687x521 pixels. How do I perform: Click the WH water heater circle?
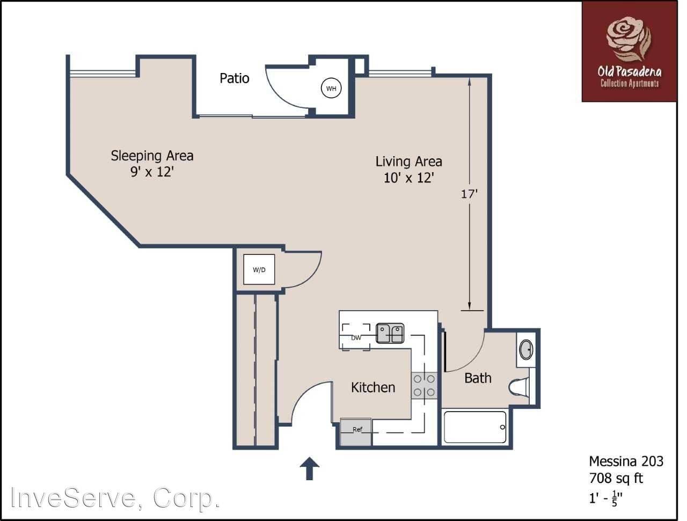(x=331, y=89)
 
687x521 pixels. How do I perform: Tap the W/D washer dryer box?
(x=259, y=269)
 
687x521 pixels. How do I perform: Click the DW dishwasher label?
(x=356, y=337)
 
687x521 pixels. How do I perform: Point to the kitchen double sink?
(x=390, y=333)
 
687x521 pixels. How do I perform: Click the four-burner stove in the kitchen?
(x=424, y=386)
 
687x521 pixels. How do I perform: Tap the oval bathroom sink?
(x=527, y=350)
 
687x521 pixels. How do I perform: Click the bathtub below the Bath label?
(x=475, y=427)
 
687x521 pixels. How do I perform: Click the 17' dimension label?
(x=469, y=194)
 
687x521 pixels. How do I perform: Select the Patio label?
(x=235, y=78)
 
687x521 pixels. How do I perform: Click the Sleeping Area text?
(x=152, y=156)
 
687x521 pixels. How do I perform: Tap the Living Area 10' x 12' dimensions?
(x=408, y=178)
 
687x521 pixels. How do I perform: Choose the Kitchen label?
(x=373, y=387)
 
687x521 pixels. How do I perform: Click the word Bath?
(x=478, y=378)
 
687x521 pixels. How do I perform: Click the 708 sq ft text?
(x=616, y=478)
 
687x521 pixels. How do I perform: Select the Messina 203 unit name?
(x=626, y=461)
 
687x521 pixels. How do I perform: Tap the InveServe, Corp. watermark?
(x=116, y=498)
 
